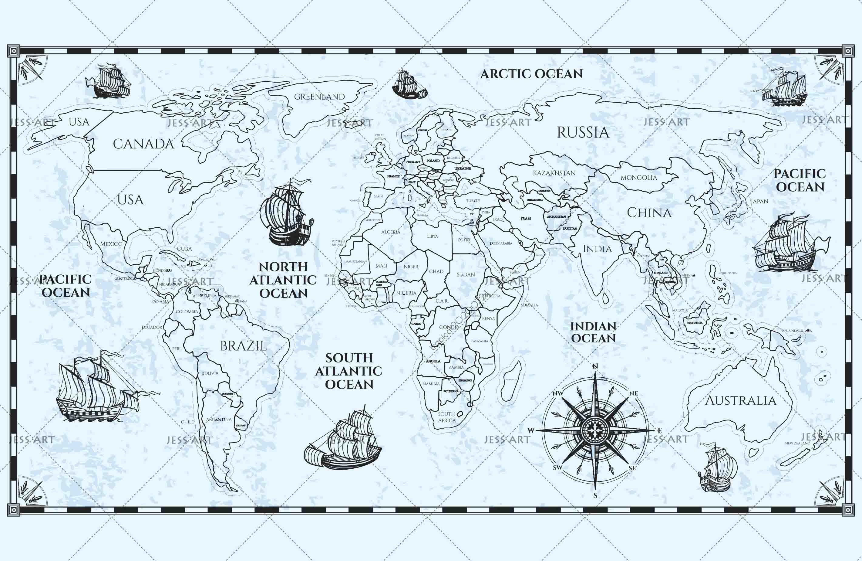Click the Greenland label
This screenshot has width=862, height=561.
click(x=319, y=97)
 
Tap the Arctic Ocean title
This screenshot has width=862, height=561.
click(x=531, y=74)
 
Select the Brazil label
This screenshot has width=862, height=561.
click(x=243, y=346)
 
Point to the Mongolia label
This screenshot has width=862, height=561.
click(x=638, y=178)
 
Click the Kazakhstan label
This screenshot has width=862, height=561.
click(x=554, y=173)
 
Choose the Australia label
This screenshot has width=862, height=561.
click(x=740, y=400)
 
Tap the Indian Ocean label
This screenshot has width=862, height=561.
click(x=593, y=332)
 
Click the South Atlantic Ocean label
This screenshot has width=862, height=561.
click(x=349, y=371)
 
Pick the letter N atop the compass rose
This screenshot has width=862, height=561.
click(x=595, y=366)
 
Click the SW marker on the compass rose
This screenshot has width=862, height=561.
click(x=557, y=467)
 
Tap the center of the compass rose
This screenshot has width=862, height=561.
click(x=595, y=430)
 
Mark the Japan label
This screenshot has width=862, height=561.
click(x=759, y=202)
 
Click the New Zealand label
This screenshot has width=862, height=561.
click(x=797, y=443)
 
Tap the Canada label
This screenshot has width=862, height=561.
click(x=143, y=144)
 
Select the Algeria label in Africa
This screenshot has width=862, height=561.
click(x=390, y=232)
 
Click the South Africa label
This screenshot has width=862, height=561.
click(x=446, y=417)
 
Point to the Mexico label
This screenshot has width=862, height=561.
click(x=111, y=243)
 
